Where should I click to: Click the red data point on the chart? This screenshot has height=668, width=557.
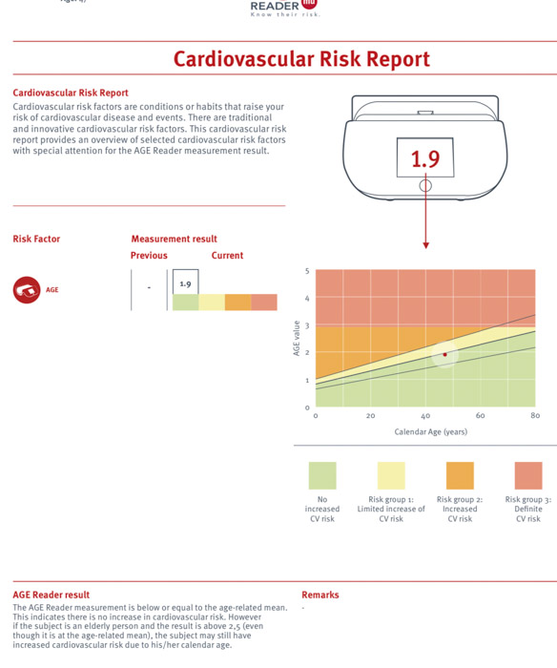[445, 354]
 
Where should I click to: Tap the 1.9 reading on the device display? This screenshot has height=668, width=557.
[425, 158]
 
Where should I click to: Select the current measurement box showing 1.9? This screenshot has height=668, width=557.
[185, 282]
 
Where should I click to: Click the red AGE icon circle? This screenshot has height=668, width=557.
[27, 290]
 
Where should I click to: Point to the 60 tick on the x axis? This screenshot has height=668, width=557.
[480, 415]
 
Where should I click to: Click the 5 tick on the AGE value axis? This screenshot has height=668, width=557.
[307, 271]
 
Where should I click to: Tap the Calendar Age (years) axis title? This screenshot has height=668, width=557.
[430, 431]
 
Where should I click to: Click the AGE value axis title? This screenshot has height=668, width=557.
[297, 338]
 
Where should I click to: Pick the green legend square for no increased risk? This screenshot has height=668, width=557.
[322, 475]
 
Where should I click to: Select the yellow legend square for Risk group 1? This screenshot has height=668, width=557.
[391, 475]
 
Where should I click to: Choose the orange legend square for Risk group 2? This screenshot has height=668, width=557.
[460, 475]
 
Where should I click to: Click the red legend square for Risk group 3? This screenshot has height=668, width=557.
[528, 475]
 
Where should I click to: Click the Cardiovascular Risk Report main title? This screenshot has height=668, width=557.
[301, 59]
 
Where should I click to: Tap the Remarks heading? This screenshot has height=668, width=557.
[320, 595]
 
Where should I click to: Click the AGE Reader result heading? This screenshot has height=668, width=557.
[52, 595]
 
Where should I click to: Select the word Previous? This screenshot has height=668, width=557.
[149, 255]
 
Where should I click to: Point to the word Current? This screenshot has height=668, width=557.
[227, 255]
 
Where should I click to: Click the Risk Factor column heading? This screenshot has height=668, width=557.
[36, 239]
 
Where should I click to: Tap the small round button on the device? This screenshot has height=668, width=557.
[425, 186]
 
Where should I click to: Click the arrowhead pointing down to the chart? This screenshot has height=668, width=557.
[425, 245]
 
